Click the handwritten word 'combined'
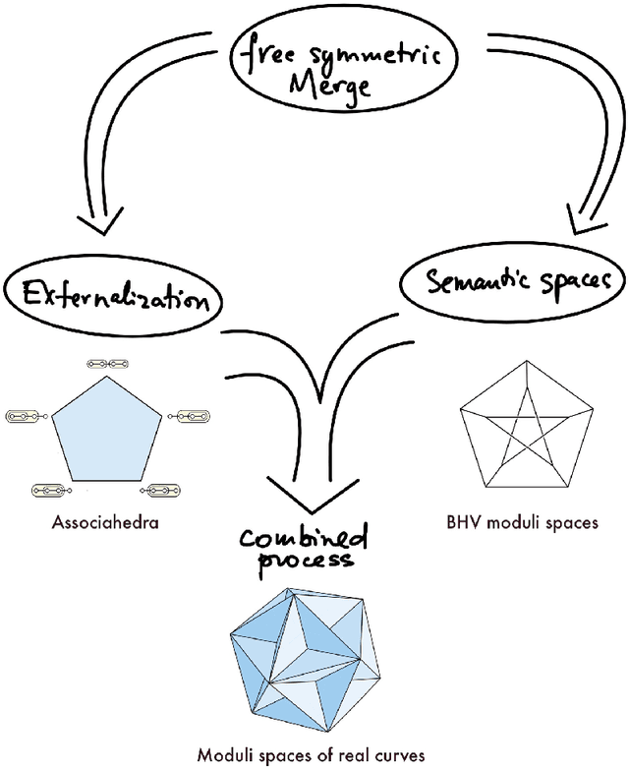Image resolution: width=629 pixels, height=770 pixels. (306, 539)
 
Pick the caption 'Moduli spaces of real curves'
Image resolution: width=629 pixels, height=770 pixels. (311, 755)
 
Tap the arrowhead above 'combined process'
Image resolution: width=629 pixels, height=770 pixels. (304, 493)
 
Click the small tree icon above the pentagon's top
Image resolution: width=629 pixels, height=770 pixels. (106, 364)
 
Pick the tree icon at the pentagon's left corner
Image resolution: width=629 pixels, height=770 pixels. (27, 417)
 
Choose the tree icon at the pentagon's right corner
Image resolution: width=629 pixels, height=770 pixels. (186, 417)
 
